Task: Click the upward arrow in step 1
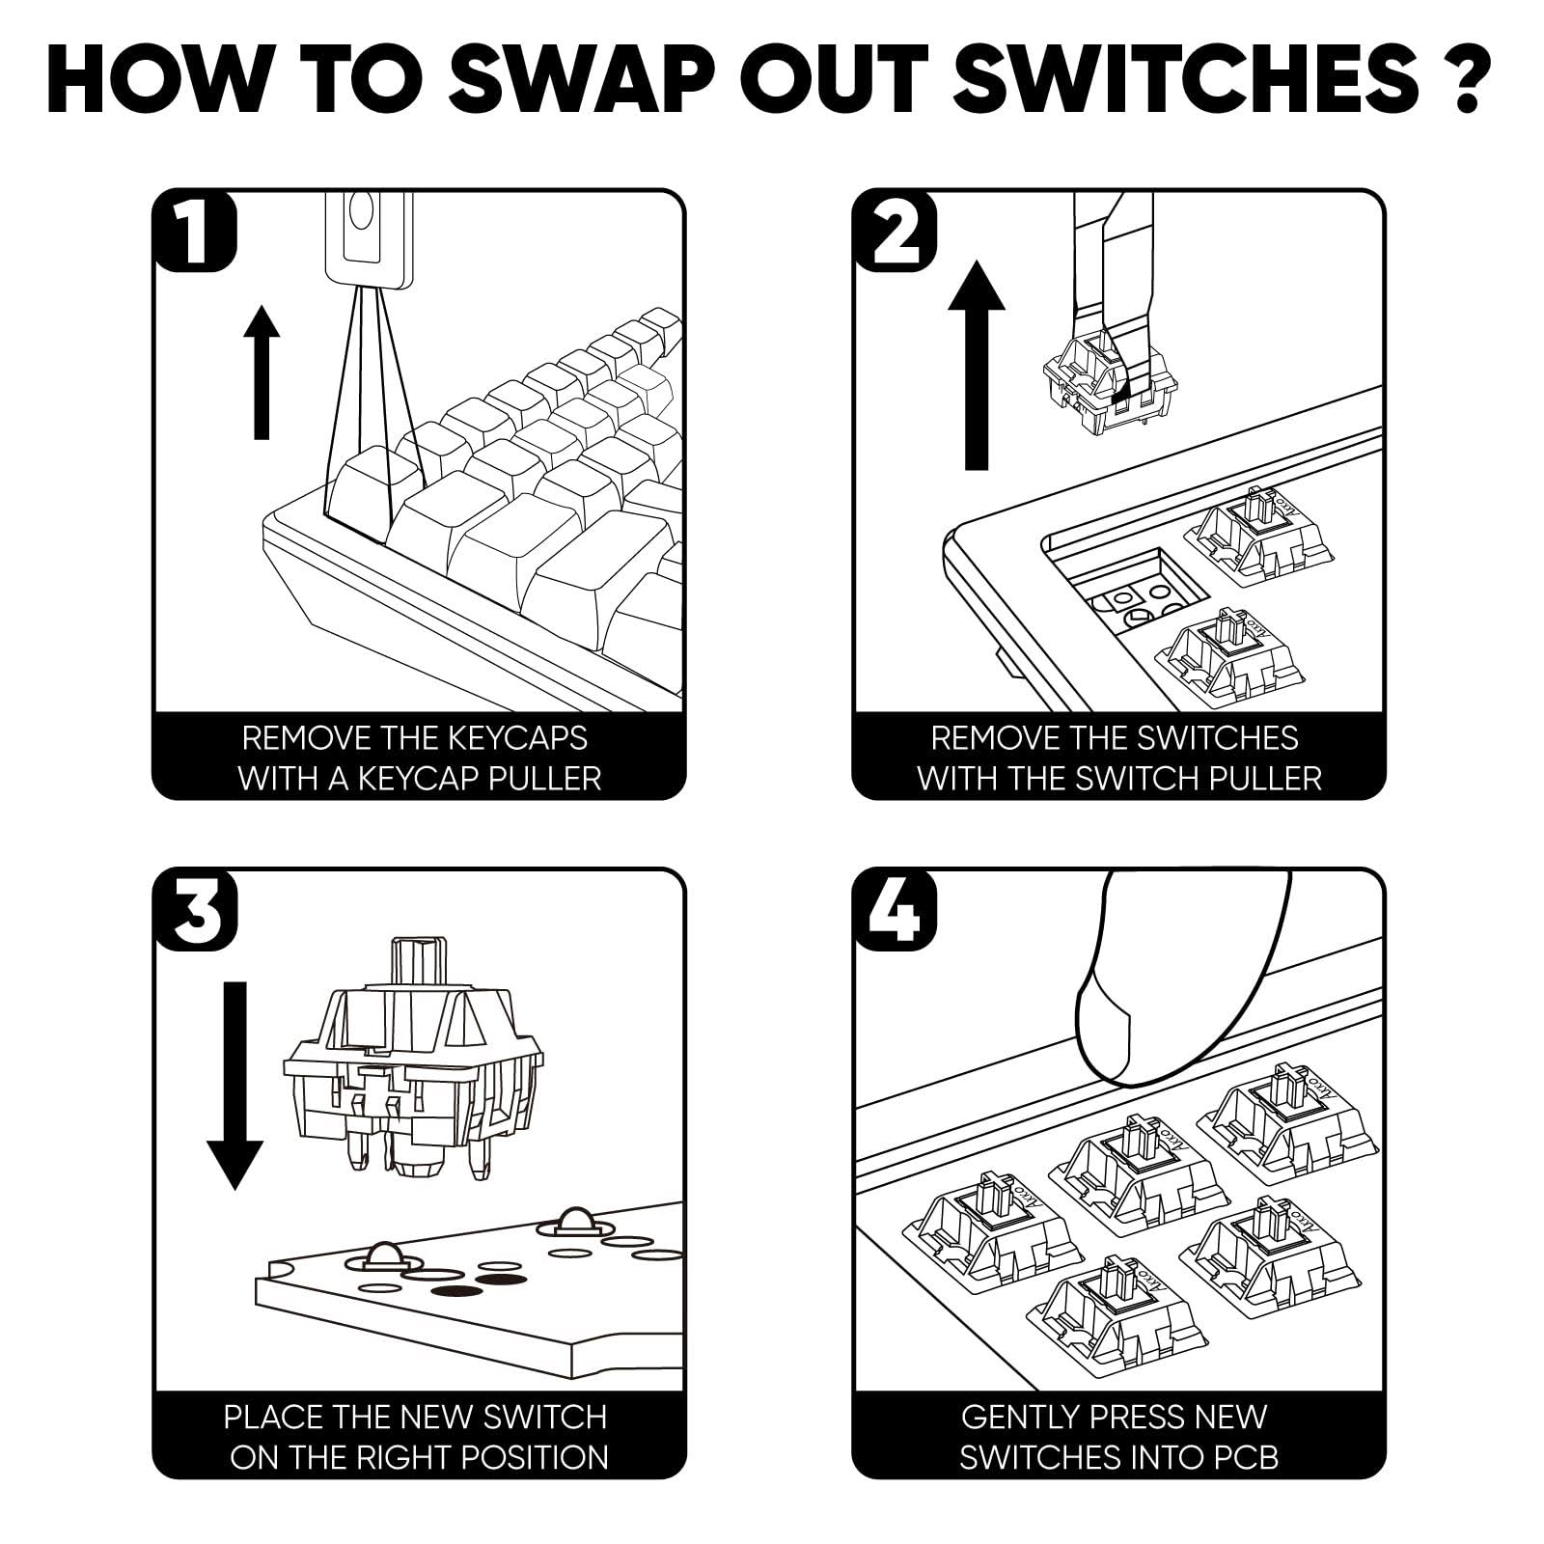pos(261,372)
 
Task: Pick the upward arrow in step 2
pos(977,365)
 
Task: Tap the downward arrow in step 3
pos(234,1086)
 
